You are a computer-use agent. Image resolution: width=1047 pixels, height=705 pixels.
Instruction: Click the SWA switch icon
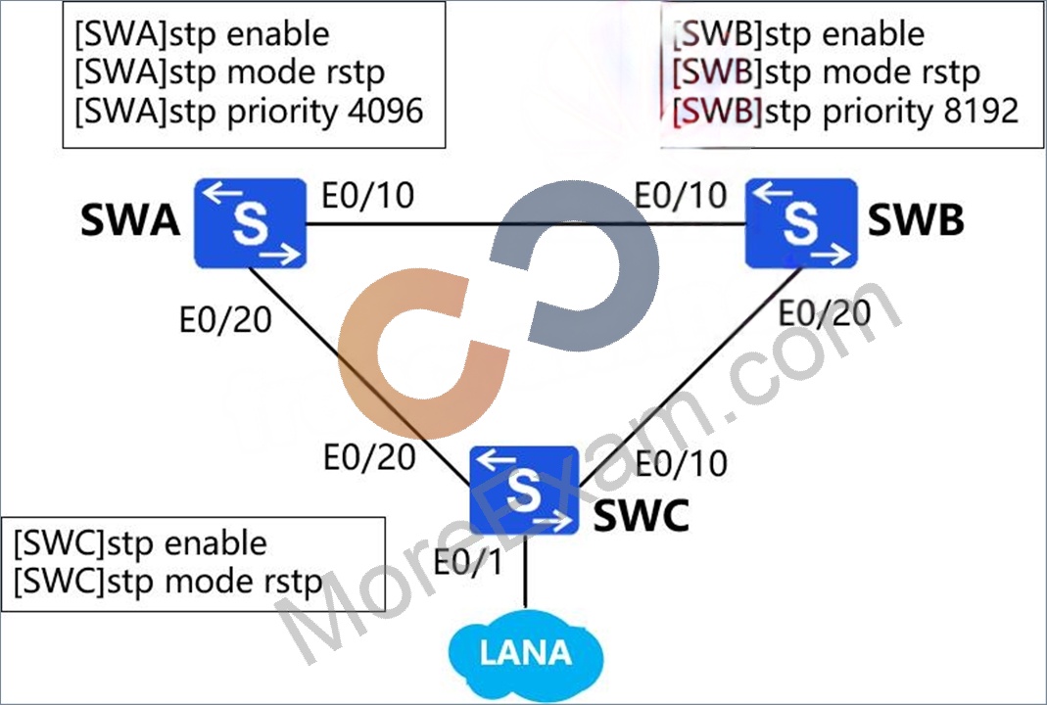point(251,223)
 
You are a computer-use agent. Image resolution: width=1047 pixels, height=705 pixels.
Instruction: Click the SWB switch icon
point(801,223)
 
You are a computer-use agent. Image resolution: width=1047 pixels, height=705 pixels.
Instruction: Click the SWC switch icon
point(524,490)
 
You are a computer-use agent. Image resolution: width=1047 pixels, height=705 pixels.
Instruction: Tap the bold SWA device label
point(130,220)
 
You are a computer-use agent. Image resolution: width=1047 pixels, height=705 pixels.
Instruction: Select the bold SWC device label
point(641,515)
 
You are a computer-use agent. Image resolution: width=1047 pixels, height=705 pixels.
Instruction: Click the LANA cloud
point(526,653)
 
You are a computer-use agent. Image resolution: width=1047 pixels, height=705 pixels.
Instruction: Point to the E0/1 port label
point(467,562)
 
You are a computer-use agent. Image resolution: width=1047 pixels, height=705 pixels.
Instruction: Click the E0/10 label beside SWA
point(368,195)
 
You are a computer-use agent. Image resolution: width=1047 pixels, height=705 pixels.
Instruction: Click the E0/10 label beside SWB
point(681,195)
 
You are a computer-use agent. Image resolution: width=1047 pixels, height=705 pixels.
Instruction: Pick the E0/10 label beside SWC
point(681,463)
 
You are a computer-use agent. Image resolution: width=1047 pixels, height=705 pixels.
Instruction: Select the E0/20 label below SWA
point(225,320)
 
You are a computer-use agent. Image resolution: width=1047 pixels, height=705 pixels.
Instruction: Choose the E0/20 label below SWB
point(826,312)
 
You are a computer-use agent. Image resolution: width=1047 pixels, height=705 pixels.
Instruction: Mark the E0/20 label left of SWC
point(369,457)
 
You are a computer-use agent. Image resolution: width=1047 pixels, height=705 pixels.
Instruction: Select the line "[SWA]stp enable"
point(202,34)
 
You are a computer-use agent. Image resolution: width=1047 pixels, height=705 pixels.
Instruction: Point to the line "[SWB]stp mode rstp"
point(826,72)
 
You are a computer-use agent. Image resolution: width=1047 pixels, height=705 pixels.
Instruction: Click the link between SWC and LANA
point(526,572)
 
